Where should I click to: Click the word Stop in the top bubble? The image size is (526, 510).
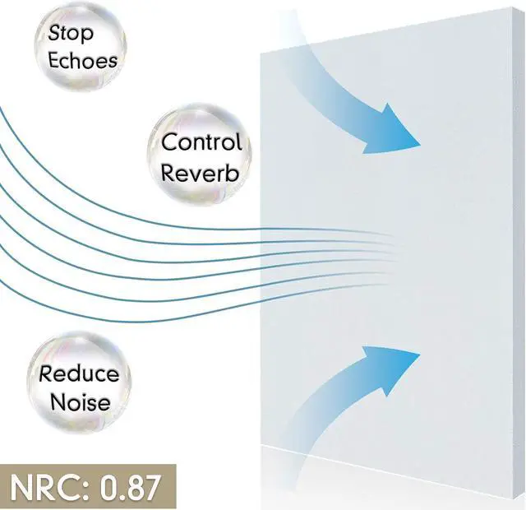tap(71, 34)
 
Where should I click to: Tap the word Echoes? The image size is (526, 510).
tap(82, 60)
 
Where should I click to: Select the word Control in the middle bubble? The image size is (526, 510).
tap(201, 142)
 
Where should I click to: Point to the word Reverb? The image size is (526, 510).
tap(200, 174)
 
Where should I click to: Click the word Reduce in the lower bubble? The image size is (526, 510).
tap(79, 374)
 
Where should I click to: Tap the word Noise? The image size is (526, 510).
tap(79, 403)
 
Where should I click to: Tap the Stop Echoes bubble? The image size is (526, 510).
tap(81, 46)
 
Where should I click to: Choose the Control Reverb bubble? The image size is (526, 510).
tap(199, 157)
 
